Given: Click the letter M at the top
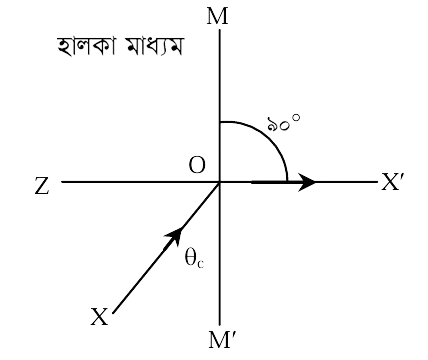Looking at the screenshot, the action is pyautogui.click(x=217, y=17).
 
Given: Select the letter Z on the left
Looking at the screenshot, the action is pyautogui.click(x=42, y=186).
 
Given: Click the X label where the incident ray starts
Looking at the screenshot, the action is pyautogui.click(x=100, y=317).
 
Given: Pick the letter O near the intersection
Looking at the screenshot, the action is pyautogui.click(x=197, y=165).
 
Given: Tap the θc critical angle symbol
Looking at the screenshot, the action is pyautogui.click(x=194, y=258).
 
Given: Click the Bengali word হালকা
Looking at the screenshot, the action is pyautogui.click(x=86, y=46).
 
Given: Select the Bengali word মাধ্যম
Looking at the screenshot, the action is pyautogui.click(x=155, y=46).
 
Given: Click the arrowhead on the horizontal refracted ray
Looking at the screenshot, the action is pyautogui.click(x=306, y=182).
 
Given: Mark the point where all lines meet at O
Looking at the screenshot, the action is pyautogui.click(x=220, y=182).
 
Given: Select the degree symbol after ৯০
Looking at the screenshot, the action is pyautogui.click(x=296, y=117).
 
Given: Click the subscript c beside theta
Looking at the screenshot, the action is pyautogui.click(x=201, y=264).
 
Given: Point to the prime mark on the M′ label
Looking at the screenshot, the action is pyautogui.click(x=233, y=336).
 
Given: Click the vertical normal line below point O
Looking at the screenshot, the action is pyautogui.click(x=220, y=254).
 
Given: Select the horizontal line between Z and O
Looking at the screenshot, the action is pyautogui.click(x=140, y=182).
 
